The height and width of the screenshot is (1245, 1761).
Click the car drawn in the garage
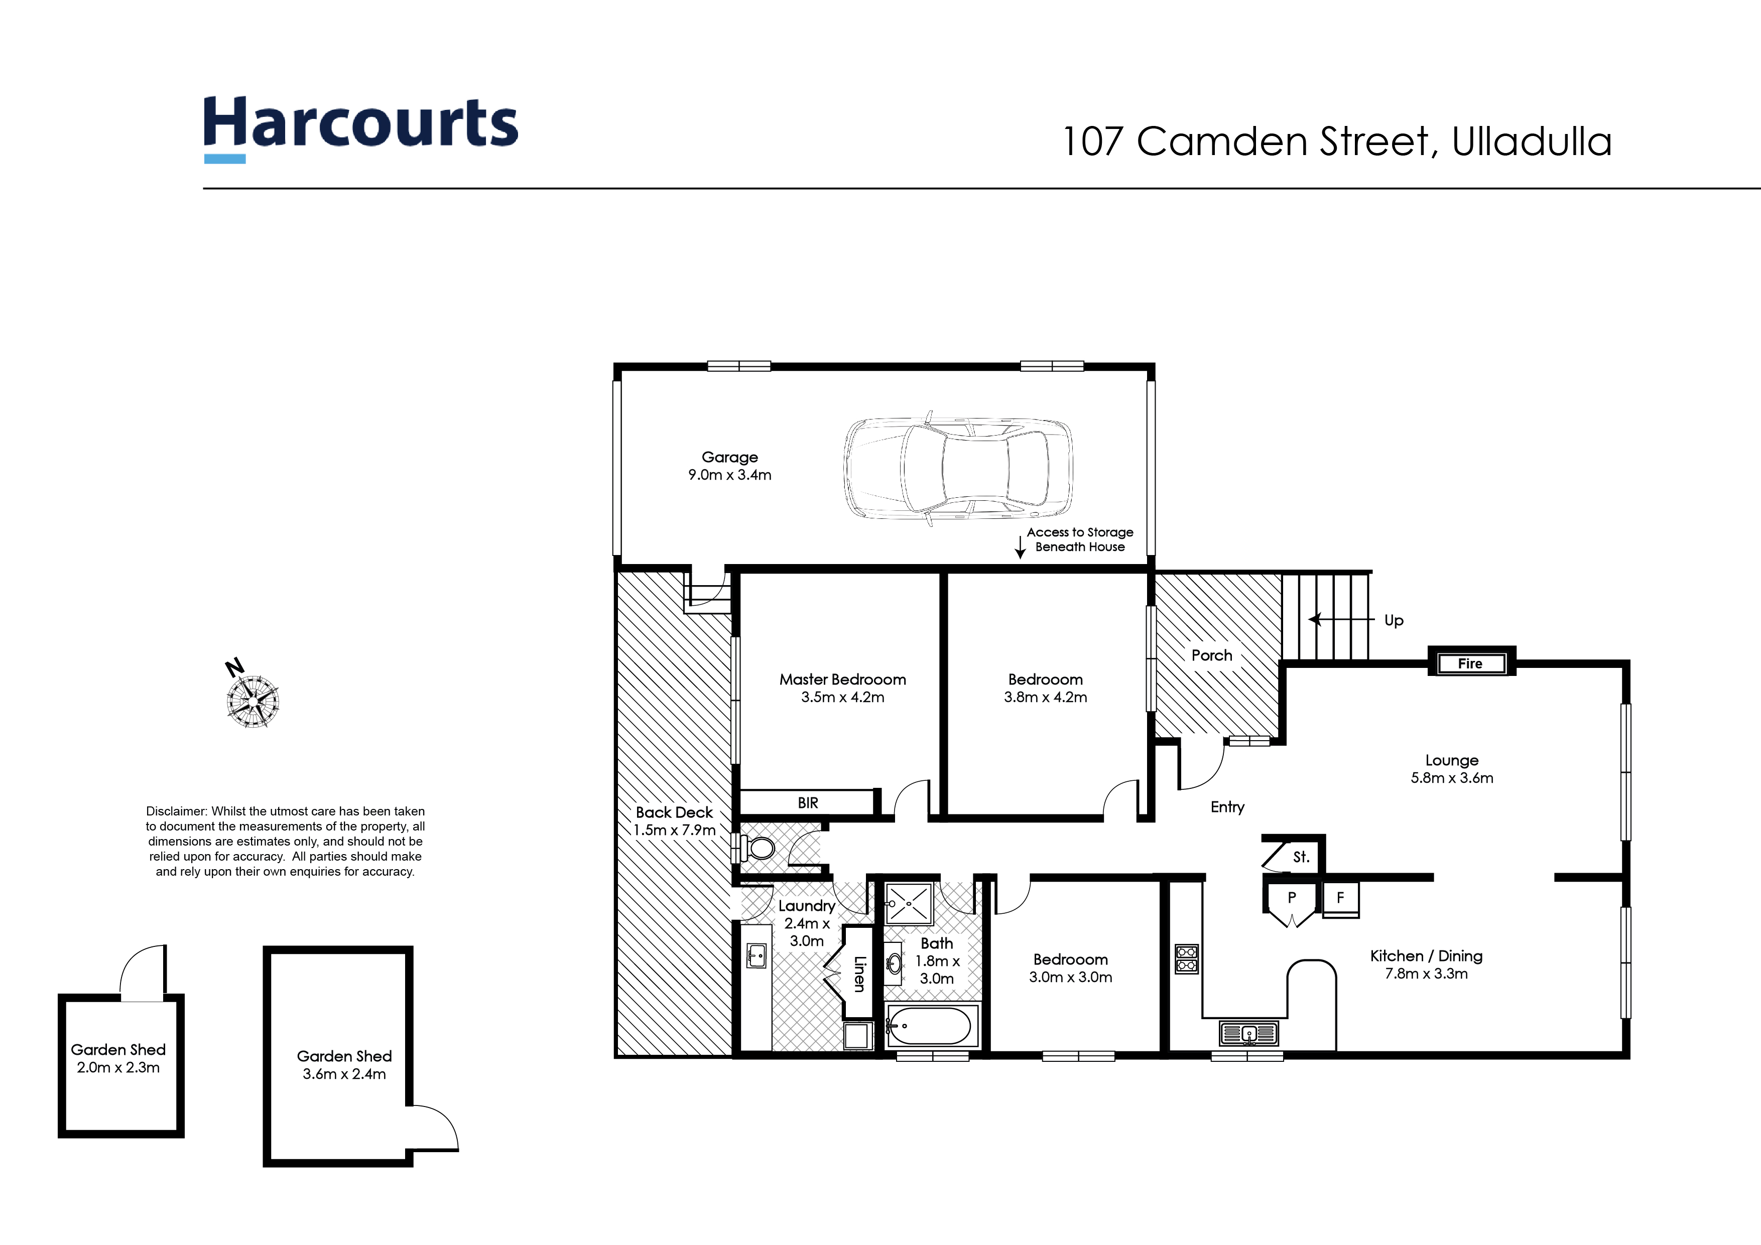coord(958,468)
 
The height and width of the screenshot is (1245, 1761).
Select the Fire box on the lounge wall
coord(1470,663)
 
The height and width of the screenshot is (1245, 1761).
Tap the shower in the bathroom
coord(909,903)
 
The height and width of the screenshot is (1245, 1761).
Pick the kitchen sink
coord(1248,1033)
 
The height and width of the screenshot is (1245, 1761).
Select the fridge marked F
coord(1341,898)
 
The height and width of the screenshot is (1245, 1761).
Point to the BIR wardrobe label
coord(808,803)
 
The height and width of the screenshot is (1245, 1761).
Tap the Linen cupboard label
coord(860,974)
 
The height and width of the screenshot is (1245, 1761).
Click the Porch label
coord(1212,655)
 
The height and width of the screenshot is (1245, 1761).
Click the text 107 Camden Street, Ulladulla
coord(1337,142)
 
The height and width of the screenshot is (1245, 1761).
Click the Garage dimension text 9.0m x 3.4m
coord(729,475)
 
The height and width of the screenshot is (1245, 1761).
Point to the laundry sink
coord(756,955)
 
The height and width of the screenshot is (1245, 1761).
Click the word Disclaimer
coord(176,811)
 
